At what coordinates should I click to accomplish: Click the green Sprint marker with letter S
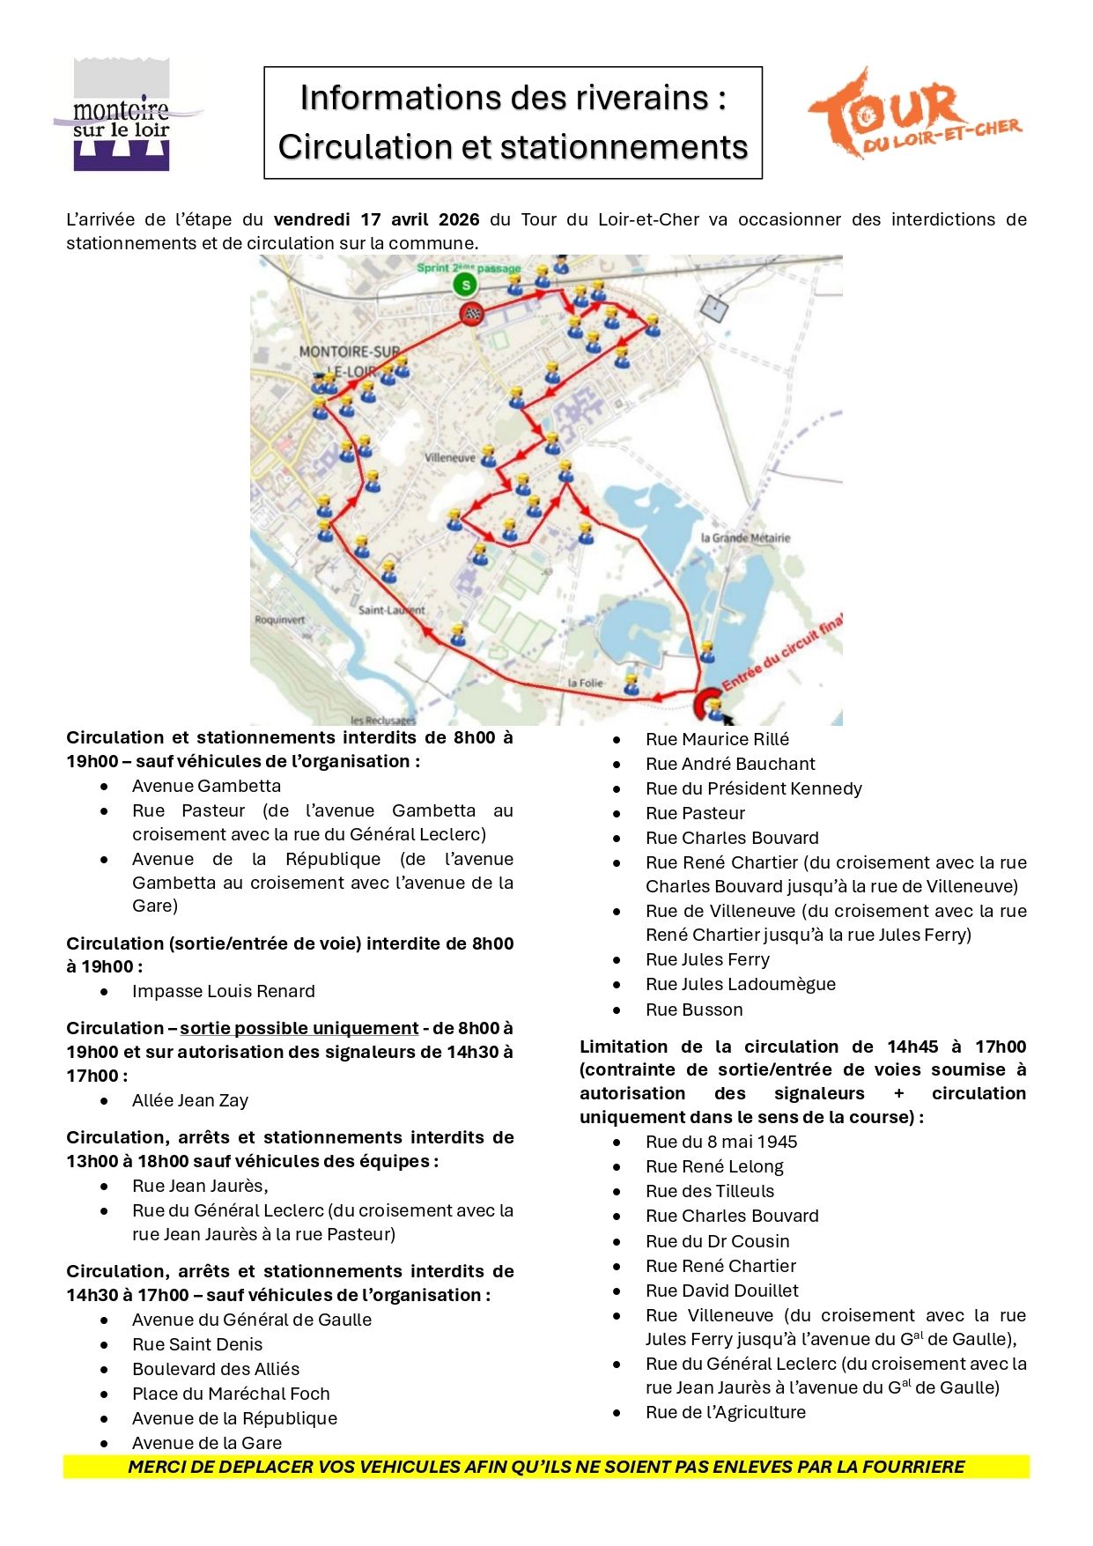464,285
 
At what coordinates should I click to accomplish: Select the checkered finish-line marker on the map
473,314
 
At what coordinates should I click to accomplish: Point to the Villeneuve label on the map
449,458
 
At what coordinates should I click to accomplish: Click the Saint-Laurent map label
391,610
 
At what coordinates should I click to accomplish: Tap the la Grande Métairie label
745,537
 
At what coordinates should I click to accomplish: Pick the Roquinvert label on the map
279,619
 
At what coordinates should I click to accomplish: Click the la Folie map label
585,683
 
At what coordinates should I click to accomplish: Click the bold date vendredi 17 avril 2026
376,219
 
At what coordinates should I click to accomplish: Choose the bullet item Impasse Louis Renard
223,991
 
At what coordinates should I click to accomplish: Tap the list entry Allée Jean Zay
190,1100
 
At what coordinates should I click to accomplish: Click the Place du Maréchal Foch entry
231,1394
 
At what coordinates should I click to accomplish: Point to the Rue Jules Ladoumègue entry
740,984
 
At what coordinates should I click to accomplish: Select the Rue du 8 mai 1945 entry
720,1142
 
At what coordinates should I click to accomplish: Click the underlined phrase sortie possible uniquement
299,1028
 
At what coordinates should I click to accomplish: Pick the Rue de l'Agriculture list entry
725,1412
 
